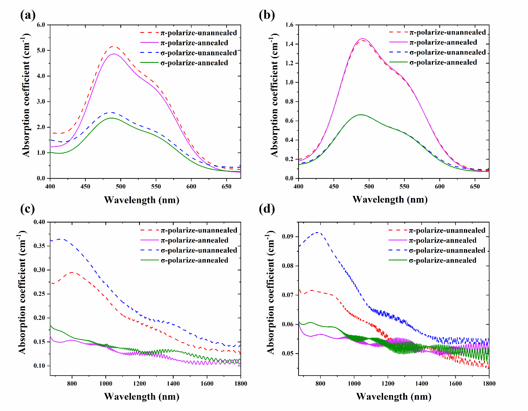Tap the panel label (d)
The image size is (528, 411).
(x=266, y=209)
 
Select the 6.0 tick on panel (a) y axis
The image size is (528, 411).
(x=41, y=25)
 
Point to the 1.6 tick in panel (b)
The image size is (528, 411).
(x=289, y=25)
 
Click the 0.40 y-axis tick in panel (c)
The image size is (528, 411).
(x=39, y=222)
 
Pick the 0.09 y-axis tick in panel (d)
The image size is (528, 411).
(x=288, y=237)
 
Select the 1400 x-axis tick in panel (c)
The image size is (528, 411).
(x=173, y=384)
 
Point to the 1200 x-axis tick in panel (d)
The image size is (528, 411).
(x=388, y=384)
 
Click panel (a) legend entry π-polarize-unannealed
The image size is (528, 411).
(x=199, y=33)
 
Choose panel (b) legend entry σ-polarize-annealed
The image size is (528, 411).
(x=443, y=62)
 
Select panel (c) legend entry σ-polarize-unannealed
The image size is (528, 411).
(x=199, y=250)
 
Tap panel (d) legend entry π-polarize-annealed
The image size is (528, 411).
(x=443, y=240)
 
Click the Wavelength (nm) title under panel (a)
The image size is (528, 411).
(x=142, y=200)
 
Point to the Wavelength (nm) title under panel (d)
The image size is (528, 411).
(x=394, y=396)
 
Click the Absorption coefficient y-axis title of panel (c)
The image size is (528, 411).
(x=22, y=295)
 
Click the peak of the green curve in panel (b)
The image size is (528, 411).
(x=361, y=114)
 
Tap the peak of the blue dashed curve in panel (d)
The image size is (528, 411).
(x=319, y=232)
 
